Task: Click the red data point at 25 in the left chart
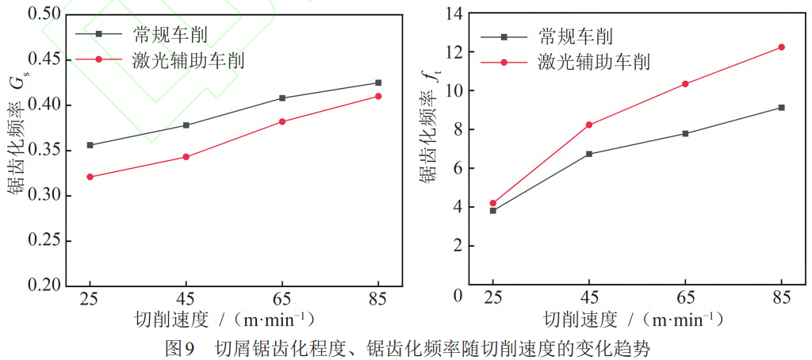(x=90, y=177)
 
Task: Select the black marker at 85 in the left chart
(x=378, y=82)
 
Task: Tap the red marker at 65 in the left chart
(x=282, y=121)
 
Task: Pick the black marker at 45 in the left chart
(x=186, y=125)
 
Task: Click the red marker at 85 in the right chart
(x=781, y=48)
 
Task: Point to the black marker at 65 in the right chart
(x=685, y=133)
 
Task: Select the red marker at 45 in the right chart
(x=588, y=124)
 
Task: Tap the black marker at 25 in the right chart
(x=492, y=210)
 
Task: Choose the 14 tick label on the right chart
(x=454, y=13)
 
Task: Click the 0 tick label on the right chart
(x=458, y=296)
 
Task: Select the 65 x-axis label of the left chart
(x=282, y=300)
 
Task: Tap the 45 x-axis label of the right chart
(x=588, y=300)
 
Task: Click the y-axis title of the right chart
(x=427, y=131)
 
